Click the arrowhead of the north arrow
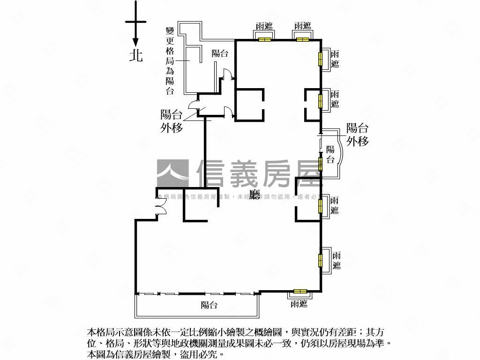(x=135, y=42)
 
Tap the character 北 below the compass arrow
(x=136, y=56)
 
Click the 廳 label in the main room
(x=255, y=195)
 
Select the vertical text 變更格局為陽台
(x=170, y=61)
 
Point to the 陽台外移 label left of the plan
(x=171, y=121)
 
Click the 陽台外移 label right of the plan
(x=357, y=135)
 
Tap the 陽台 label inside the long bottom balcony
(x=209, y=306)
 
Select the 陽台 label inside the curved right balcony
(x=330, y=155)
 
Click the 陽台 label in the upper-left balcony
(x=220, y=53)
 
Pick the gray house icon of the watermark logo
(x=172, y=173)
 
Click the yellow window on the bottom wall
(x=300, y=291)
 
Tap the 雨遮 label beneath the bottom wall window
(x=299, y=304)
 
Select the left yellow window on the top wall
(x=265, y=39)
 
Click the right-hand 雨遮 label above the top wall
(x=303, y=26)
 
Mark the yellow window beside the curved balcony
(x=321, y=164)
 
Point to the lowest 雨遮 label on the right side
(x=337, y=261)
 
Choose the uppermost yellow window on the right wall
(x=321, y=59)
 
